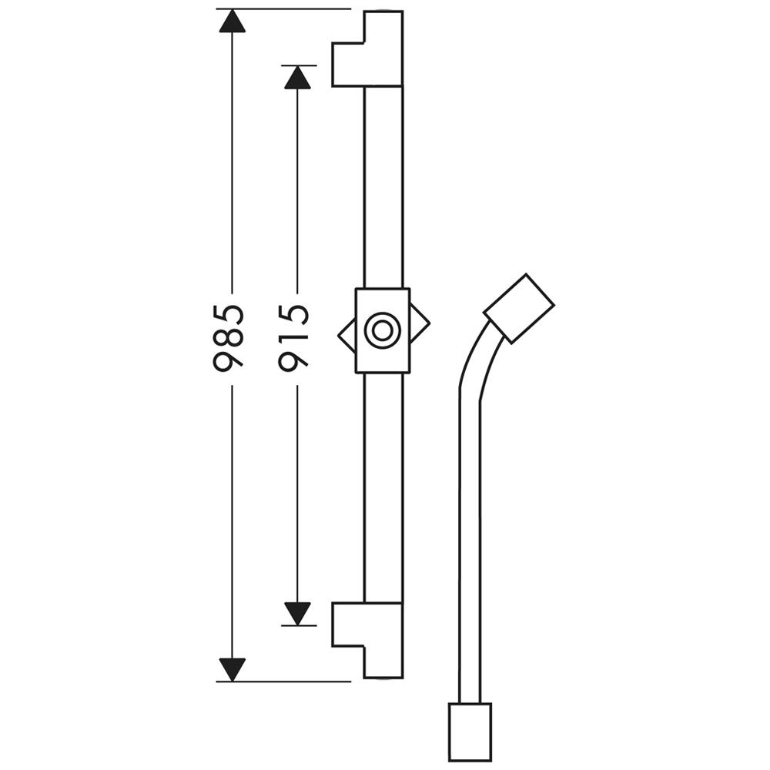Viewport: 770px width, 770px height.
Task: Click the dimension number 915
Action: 294,338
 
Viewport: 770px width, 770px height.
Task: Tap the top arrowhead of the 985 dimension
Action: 232,22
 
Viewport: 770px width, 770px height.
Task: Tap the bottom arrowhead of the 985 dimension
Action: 232,670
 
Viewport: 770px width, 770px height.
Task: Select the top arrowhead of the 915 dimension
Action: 297,78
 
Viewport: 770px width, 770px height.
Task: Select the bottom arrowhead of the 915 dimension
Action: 297,614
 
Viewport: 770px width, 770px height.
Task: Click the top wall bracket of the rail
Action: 368,49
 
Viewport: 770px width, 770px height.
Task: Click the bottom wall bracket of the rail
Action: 368,641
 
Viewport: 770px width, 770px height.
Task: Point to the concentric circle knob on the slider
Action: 382,330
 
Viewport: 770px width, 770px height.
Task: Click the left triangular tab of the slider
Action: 346,335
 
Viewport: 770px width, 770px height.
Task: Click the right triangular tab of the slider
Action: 420,323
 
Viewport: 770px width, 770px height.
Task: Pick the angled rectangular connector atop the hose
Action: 519,309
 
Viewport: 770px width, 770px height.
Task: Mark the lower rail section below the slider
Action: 383,487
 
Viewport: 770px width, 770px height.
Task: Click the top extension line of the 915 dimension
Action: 299,65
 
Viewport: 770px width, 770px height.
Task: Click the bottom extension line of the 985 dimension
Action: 284,681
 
